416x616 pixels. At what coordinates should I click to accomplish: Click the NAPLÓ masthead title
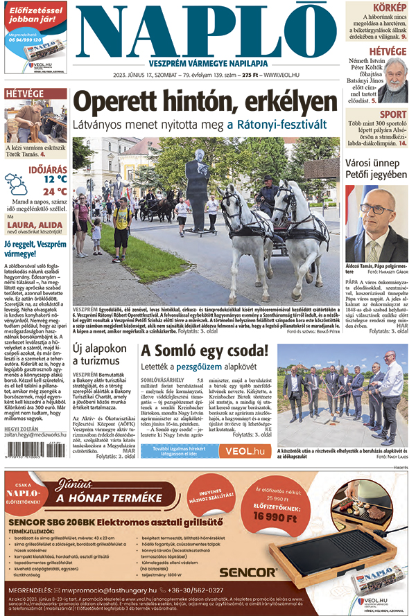click(x=208, y=28)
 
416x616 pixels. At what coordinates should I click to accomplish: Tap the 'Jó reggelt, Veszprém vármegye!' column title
click(x=35, y=249)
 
